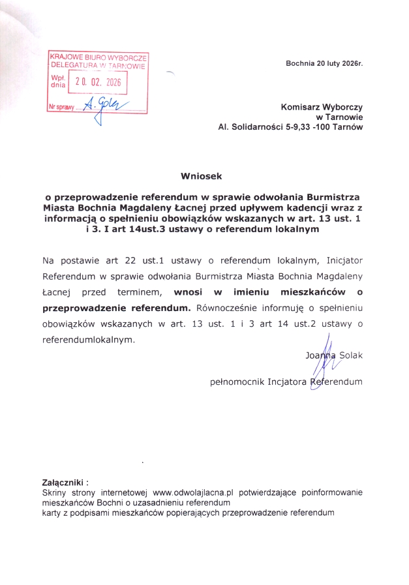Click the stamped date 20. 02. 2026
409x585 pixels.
click(x=98, y=82)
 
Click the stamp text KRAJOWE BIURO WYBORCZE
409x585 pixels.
click(x=98, y=57)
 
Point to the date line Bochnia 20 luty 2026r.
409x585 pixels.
click(x=324, y=63)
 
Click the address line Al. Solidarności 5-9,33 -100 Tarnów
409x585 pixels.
click(x=290, y=127)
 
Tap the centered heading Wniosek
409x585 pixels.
click(x=202, y=175)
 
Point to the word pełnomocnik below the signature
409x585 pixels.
click(x=237, y=381)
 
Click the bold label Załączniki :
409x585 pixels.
click(x=65, y=483)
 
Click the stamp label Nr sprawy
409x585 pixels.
click(x=61, y=106)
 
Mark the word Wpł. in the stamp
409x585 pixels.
click(x=58, y=78)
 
